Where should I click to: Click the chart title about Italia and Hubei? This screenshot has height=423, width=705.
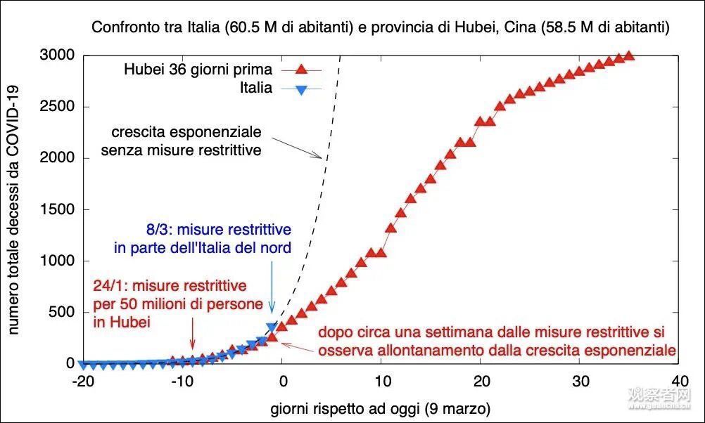click(379, 28)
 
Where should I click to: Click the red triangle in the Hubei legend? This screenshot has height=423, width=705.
click(300, 69)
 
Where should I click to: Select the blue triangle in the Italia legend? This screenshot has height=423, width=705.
click(300, 89)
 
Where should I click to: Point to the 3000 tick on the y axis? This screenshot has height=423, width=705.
click(59, 56)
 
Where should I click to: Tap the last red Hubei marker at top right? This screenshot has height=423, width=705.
click(629, 56)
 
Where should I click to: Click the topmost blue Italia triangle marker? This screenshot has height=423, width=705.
click(272, 327)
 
